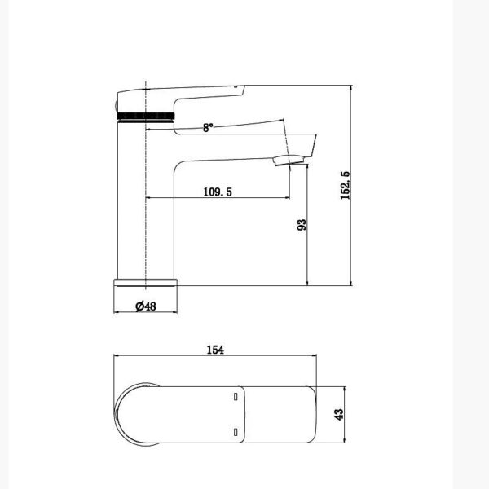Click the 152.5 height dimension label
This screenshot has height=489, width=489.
[x=346, y=185]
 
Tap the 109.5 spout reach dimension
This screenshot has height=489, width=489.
[x=218, y=192]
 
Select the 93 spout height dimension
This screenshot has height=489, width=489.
[x=302, y=225]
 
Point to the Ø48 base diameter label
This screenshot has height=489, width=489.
[x=146, y=306]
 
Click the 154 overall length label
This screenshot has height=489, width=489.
[x=215, y=350]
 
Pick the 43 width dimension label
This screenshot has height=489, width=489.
[x=338, y=415]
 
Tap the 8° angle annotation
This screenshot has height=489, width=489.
[x=208, y=127]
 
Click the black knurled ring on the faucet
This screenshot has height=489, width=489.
[x=145, y=117]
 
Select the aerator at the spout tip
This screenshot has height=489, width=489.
[x=288, y=160]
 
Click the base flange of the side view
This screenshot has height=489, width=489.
[x=146, y=283]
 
